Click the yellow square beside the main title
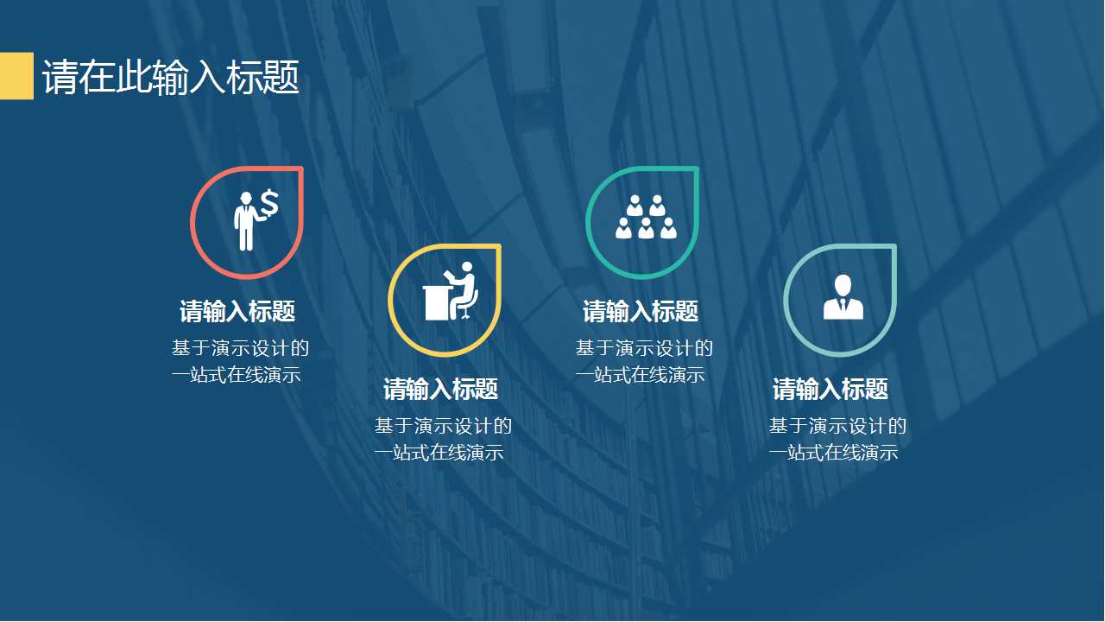[16, 76]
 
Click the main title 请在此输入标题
[171, 78]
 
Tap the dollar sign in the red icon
[269, 203]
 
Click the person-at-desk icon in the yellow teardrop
[451, 291]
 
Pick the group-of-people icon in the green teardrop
[645, 217]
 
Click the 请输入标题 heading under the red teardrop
[237, 311]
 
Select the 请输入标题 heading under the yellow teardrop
[440, 389]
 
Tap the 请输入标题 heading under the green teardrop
[641, 311]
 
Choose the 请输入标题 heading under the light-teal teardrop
[830, 389]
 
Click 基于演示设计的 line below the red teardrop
[240, 349]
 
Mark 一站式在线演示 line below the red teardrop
[236, 375]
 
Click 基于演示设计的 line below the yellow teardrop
[443, 426]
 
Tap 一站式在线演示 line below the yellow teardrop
[439, 452]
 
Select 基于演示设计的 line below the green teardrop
[644, 349]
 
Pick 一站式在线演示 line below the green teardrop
[640, 375]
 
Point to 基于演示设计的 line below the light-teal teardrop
[837, 426]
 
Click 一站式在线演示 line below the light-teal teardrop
[833, 452]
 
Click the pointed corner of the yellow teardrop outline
[498, 247]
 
